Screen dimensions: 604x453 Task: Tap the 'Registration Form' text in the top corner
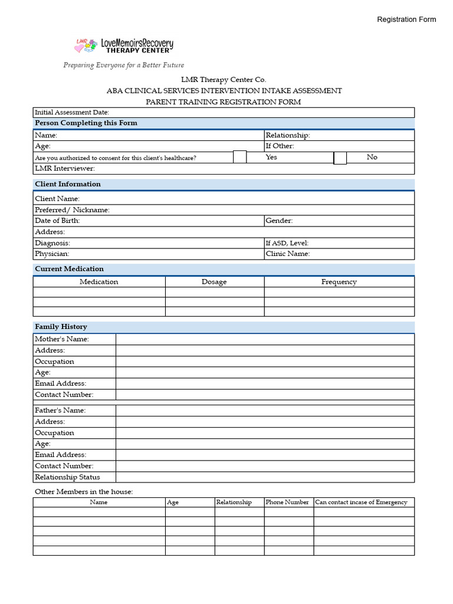point(406,19)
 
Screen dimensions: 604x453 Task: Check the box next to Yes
point(239,157)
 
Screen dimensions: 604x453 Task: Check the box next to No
point(340,157)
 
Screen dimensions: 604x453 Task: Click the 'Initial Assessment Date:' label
point(72,112)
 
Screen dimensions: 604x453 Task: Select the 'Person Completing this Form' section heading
point(86,123)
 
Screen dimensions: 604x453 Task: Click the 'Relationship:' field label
point(287,135)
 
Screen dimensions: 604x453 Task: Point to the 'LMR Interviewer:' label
point(64,169)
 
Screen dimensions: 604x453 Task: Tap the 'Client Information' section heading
point(68,184)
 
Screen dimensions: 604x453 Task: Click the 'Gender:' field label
point(279,221)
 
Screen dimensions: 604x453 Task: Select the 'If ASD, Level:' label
point(287,243)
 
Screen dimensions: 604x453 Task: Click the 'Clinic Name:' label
point(288,254)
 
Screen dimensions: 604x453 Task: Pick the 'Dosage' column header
point(214,282)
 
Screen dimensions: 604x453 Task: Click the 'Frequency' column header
point(339,282)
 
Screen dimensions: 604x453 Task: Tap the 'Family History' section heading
point(61,327)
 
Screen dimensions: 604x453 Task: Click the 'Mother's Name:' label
point(62,339)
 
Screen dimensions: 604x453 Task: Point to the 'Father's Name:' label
point(60,411)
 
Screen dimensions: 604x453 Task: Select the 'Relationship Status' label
point(67,477)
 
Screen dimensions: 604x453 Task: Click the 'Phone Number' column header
point(287,503)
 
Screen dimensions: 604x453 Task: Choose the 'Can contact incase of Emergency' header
point(361,503)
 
